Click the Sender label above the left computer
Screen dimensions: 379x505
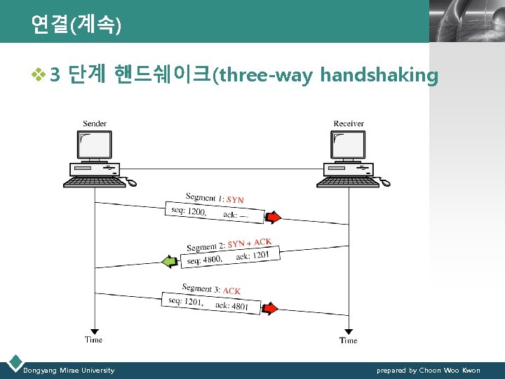[95, 124]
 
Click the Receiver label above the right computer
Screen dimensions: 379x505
[349, 124]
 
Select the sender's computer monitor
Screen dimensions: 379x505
[93, 145]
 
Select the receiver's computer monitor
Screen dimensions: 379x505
[348, 145]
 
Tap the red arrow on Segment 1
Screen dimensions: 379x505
[274, 216]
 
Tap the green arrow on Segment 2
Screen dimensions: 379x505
[170, 262]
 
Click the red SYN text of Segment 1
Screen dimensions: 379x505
[235, 200]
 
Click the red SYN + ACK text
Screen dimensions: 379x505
[249, 244]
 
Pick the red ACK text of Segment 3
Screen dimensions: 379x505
[231, 291]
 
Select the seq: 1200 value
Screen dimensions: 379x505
[188, 211]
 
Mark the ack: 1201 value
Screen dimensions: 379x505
[253, 255]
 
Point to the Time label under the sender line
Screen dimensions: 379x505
[93, 340]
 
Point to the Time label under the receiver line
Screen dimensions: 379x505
[348, 340]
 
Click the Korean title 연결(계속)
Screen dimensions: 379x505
[76, 25]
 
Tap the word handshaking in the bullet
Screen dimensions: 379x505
[379, 75]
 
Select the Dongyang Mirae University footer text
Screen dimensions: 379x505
[69, 370]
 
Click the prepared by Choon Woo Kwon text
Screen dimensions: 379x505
[428, 370]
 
